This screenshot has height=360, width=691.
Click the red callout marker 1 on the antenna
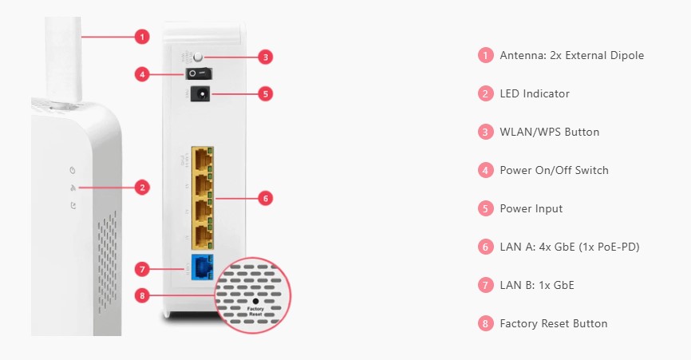pyautogui.click(x=141, y=36)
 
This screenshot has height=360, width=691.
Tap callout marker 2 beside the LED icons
pyautogui.click(x=141, y=188)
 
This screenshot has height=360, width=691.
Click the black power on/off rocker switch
pyautogui.click(x=199, y=74)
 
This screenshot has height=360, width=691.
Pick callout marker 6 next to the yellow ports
pyautogui.click(x=267, y=196)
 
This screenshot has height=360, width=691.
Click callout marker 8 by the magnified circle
pyautogui.click(x=142, y=295)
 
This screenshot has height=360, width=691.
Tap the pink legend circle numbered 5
pyautogui.click(x=485, y=208)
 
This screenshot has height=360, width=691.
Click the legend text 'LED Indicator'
pyautogui.click(x=535, y=93)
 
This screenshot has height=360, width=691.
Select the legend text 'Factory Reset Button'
pyautogui.click(x=553, y=323)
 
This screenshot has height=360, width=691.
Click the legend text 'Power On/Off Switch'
pyautogui.click(x=554, y=170)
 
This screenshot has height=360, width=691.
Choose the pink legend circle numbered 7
pyautogui.click(x=485, y=285)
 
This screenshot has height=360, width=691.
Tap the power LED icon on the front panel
pyautogui.click(x=73, y=170)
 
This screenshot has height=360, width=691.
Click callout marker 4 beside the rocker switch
pyautogui.click(x=142, y=74)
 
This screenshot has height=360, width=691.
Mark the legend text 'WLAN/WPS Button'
pyautogui.click(x=549, y=132)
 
